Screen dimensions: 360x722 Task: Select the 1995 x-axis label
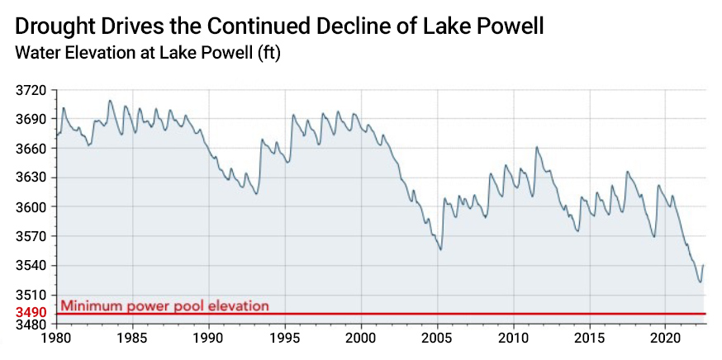285,339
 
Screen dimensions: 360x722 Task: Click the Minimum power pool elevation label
164,306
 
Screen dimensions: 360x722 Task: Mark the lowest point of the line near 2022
700,282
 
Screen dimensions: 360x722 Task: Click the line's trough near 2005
441,249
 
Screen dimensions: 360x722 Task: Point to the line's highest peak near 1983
109,101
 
